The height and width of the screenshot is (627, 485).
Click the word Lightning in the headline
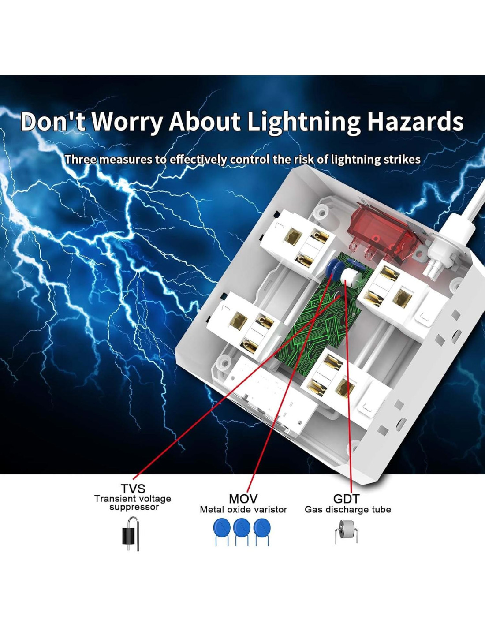(x=303, y=122)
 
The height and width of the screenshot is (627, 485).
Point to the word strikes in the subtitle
(x=402, y=159)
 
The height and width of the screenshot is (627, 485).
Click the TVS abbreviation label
(x=133, y=489)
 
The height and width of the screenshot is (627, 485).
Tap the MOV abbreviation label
(x=243, y=499)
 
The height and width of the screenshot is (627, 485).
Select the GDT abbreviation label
(x=347, y=499)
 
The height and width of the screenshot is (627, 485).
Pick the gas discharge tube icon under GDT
(x=346, y=531)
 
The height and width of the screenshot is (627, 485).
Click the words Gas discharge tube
(x=347, y=510)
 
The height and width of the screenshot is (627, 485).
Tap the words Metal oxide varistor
(x=243, y=510)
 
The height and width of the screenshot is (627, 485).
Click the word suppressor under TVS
(x=134, y=508)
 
